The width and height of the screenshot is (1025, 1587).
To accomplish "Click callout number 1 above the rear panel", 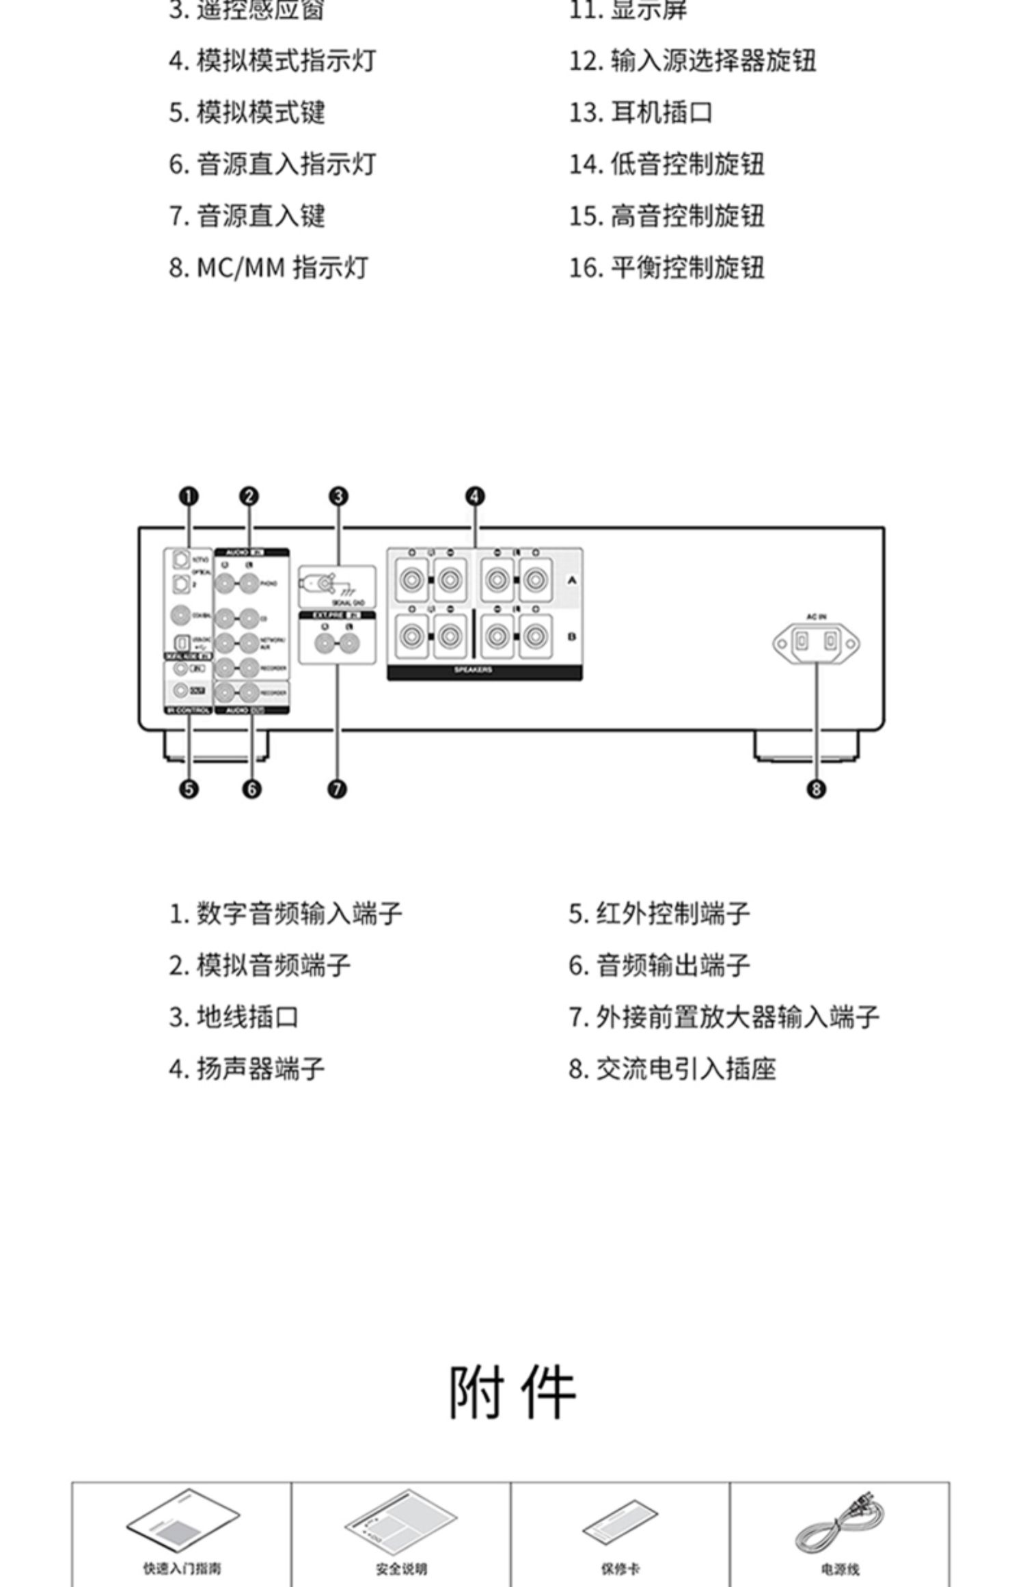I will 189,496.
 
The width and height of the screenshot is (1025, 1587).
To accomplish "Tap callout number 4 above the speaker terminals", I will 475,496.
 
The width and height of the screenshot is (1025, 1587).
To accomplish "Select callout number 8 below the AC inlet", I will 816,789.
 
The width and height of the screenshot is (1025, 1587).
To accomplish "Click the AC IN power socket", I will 816,643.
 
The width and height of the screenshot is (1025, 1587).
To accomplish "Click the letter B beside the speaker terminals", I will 572,637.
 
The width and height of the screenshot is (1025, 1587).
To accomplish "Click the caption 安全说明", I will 401,1569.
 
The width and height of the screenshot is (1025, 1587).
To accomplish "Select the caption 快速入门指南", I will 182,1569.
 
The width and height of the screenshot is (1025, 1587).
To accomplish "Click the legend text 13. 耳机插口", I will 641,113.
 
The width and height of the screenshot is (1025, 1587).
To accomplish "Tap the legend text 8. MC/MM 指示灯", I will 269,268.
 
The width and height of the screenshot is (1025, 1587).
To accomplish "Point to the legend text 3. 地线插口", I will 234,1017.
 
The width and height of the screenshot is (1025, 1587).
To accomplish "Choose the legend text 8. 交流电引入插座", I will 672,1069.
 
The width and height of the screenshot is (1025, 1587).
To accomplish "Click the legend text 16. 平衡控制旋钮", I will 667,268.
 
